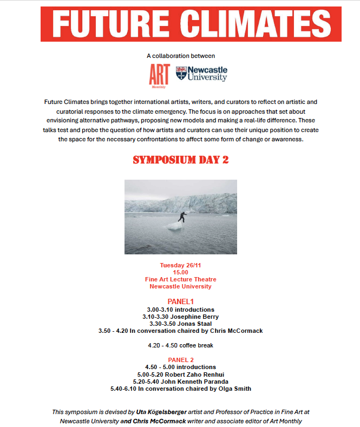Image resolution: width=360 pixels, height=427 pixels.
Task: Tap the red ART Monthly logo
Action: tap(159, 75)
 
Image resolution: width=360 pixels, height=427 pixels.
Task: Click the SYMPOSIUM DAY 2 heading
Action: tap(180, 161)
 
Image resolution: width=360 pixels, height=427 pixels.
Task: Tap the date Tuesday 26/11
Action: tap(180, 265)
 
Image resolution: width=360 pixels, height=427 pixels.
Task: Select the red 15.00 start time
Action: tap(180, 272)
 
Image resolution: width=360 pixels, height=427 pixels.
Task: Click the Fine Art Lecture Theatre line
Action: tap(180, 279)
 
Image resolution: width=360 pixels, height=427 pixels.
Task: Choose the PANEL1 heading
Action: tap(180, 301)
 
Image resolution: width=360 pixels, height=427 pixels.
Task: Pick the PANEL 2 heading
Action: tap(180, 359)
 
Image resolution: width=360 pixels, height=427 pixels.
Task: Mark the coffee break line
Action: tap(180, 345)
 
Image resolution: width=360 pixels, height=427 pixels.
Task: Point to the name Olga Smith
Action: tap(234, 388)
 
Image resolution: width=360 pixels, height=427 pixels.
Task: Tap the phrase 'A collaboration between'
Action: tap(180, 56)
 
